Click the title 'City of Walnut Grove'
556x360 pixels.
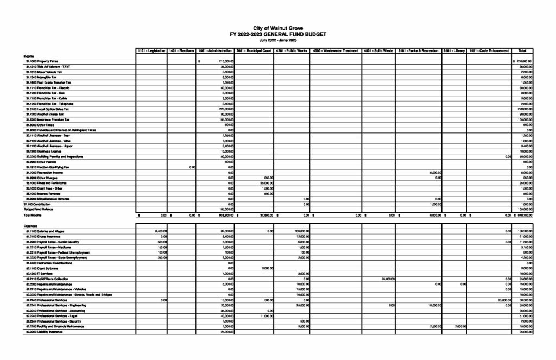277,28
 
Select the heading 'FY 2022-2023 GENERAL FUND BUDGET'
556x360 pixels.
277,34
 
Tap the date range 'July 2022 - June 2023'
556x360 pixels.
277,40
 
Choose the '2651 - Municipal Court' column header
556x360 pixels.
254,51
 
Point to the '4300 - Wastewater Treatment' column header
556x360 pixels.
336,51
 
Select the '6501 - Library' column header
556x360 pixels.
454,51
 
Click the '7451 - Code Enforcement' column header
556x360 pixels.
489,51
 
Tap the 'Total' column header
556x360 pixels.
522,51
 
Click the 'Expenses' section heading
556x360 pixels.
30,225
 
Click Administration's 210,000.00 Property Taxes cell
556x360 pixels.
225,61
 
